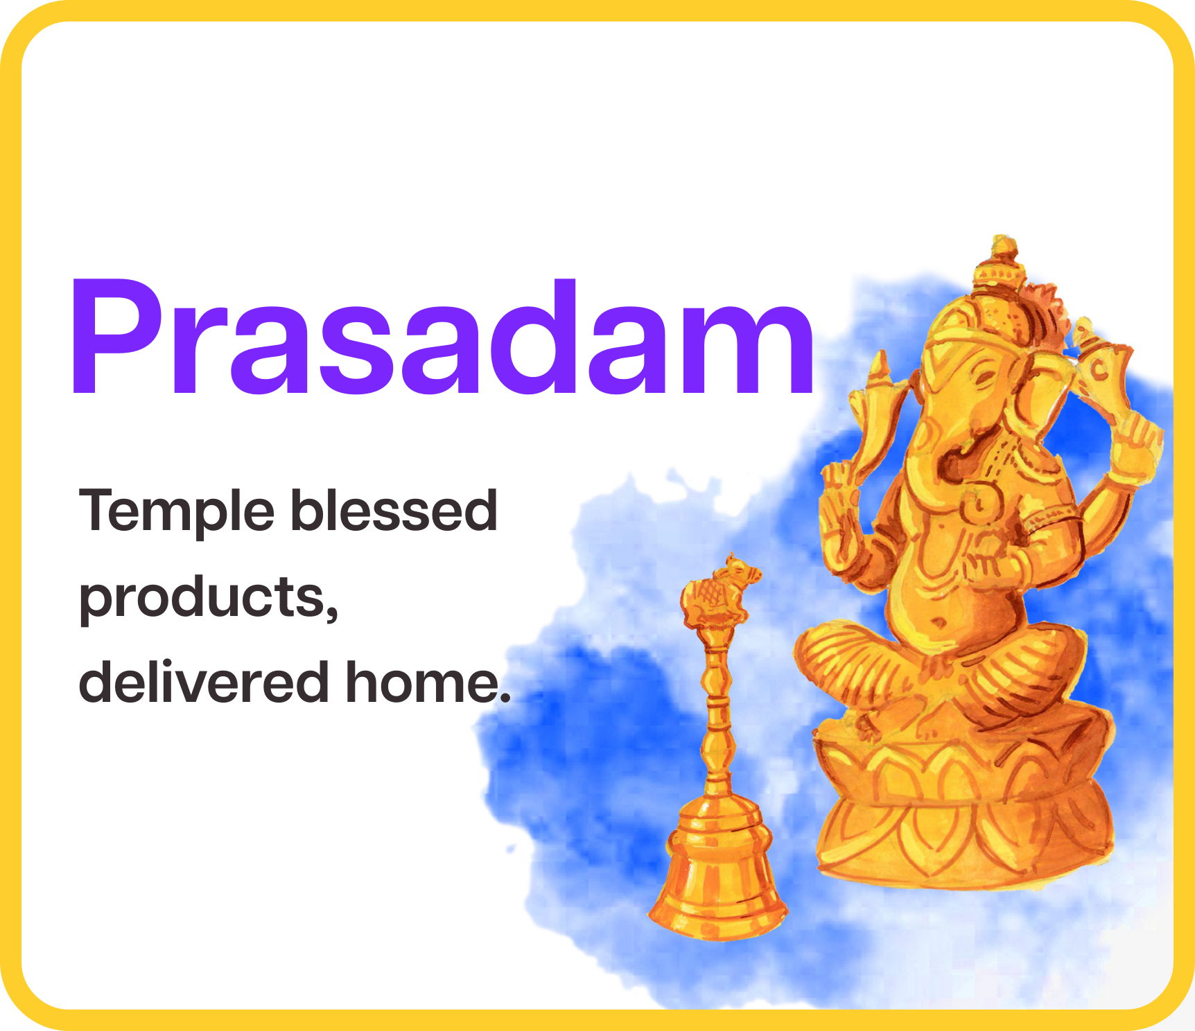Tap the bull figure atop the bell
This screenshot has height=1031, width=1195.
(x=717, y=591)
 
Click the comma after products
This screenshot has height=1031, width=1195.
(x=331, y=611)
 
